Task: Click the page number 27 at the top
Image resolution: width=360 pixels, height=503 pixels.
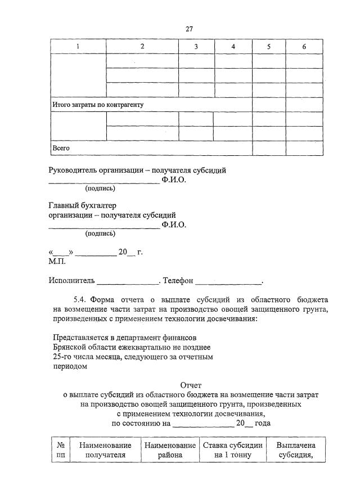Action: tap(190, 29)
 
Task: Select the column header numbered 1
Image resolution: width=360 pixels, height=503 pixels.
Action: tap(78, 47)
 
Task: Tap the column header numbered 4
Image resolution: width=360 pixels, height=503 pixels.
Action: tap(233, 47)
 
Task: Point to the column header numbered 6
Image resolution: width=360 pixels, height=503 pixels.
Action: tap(304, 47)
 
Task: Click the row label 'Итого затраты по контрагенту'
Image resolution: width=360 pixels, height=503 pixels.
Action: tap(98, 105)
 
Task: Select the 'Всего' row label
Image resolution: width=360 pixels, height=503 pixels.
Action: tap(61, 148)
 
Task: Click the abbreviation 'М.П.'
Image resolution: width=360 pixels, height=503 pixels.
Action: tap(57, 261)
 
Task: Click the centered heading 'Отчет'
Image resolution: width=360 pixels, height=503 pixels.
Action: tap(190, 385)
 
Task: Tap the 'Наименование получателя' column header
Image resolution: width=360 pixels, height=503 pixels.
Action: tap(105, 450)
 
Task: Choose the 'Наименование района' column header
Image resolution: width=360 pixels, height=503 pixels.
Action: tap(170, 450)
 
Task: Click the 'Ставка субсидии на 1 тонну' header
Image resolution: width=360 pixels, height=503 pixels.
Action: tap(233, 450)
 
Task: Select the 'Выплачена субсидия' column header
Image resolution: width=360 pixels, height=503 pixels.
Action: tap(296, 450)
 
